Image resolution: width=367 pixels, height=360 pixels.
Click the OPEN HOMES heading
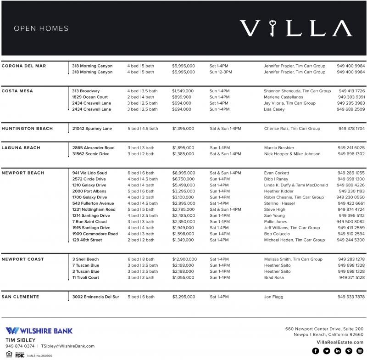41,28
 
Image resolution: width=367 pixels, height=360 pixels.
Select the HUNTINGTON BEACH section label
27,129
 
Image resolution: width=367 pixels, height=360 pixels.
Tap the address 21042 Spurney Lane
92,129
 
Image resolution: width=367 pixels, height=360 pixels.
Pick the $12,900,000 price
184,259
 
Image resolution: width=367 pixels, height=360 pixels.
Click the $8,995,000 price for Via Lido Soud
183,173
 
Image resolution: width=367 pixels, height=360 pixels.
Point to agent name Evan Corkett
277,173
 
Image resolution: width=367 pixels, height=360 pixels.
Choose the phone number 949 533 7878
351,297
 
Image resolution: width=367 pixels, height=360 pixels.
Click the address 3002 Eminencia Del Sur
95,297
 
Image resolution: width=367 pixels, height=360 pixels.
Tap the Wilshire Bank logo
39,331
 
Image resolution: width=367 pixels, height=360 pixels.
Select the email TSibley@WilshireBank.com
68,346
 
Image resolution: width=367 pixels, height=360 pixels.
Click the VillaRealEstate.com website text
340,342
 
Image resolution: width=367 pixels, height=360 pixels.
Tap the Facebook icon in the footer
315,351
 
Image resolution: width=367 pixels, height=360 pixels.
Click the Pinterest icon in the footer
349,351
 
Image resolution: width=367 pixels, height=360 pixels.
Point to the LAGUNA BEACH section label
21,148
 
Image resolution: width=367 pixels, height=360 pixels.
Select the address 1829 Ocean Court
90,97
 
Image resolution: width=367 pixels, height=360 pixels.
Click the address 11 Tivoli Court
85,278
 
